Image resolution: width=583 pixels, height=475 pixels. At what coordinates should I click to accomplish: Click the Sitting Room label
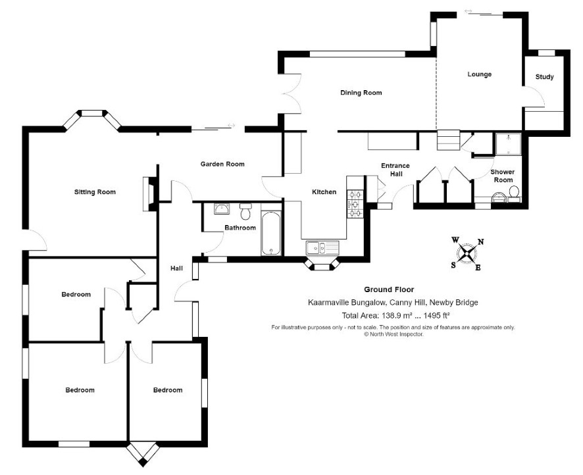tap(95, 192)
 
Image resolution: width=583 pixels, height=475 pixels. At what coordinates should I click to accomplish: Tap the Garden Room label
tap(222, 164)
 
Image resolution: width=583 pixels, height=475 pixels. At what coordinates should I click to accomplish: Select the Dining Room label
tap(361, 93)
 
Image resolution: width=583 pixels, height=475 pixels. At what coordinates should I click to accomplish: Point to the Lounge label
tap(479, 74)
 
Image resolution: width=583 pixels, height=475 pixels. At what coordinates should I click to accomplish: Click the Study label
tap(544, 77)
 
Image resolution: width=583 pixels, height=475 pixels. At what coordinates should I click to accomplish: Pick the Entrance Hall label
tap(395, 170)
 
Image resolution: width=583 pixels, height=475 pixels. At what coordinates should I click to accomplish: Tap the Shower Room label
tap(503, 176)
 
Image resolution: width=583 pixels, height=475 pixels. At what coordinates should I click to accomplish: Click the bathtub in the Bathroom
tap(272, 234)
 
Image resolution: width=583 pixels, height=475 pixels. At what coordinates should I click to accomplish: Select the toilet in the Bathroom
tap(245, 211)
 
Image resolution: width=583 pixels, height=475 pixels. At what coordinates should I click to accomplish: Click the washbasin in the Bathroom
tap(222, 209)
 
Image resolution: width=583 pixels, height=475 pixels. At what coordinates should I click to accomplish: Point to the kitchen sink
tap(322, 247)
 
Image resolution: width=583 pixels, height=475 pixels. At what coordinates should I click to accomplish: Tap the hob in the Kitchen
tap(355, 204)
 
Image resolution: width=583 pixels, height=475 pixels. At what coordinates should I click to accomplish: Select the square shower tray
tap(508, 144)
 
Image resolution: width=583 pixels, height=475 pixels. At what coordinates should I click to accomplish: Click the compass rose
tap(467, 254)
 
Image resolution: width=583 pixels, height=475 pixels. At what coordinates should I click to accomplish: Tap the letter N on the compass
tap(480, 242)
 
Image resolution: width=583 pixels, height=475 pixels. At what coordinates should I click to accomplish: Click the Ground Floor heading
tap(388, 289)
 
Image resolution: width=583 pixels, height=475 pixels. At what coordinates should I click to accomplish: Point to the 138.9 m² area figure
tap(394, 316)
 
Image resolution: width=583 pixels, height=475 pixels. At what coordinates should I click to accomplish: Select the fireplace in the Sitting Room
tap(150, 193)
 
